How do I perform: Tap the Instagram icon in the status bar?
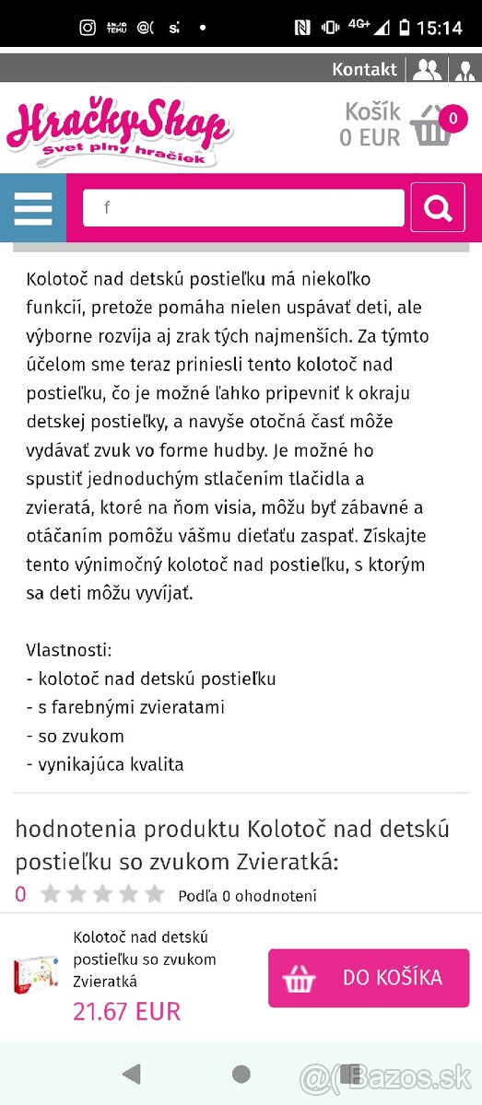pyautogui.click(x=88, y=28)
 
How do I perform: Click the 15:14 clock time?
pyautogui.click(x=439, y=28)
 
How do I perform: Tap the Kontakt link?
pyautogui.click(x=364, y=69)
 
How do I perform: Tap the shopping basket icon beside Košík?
pyautogui.click(x=430, y=127)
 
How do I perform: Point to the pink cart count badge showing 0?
pyautogui.click(x=453, y=118)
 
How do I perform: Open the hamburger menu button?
pyautogui.click(x=33, y=208)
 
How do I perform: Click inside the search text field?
pyautogui.click(x=243, y=208)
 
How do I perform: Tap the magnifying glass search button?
pyautogui.click(x=438, y=208)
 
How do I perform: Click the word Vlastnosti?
pyautogui.click(x=68, y=650)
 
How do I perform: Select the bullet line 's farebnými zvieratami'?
pyautogui.click(x=125, y=707)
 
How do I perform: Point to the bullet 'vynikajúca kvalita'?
pyautogui.click(x=105, y=764)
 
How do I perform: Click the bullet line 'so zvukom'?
pyautogui.click(x=76, y=736)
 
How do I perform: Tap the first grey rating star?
pyautogui.click(x=51, y=894)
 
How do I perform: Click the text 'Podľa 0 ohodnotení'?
pyautogui.click(x=247, y=895)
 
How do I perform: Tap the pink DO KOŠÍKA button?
pyautogui.click(x=369, y=978)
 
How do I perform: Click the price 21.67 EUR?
pyautogui.click(x=126, y=1010)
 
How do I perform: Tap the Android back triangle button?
pyautogui.click(x=131, y=1073)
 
